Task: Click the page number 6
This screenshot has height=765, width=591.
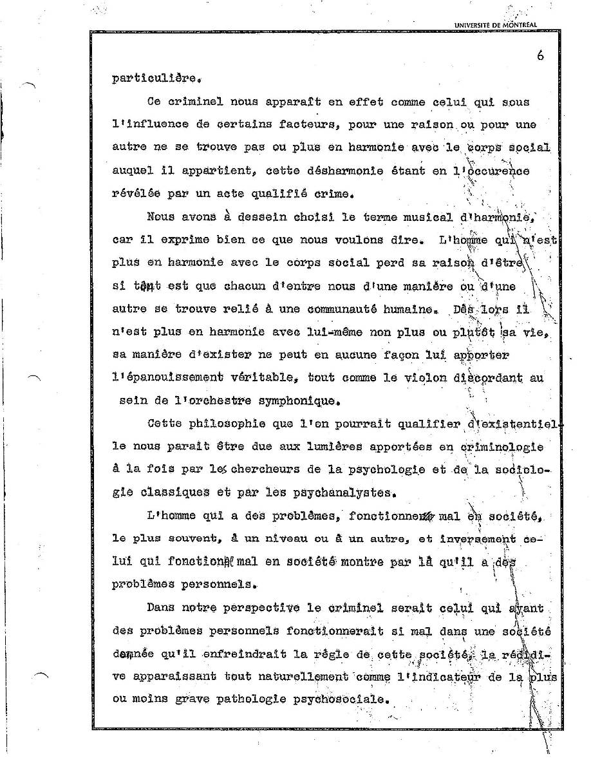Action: tap(539, 55)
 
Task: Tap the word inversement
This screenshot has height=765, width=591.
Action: tap(478, 538)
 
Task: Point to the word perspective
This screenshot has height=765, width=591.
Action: tap(254, 607)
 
